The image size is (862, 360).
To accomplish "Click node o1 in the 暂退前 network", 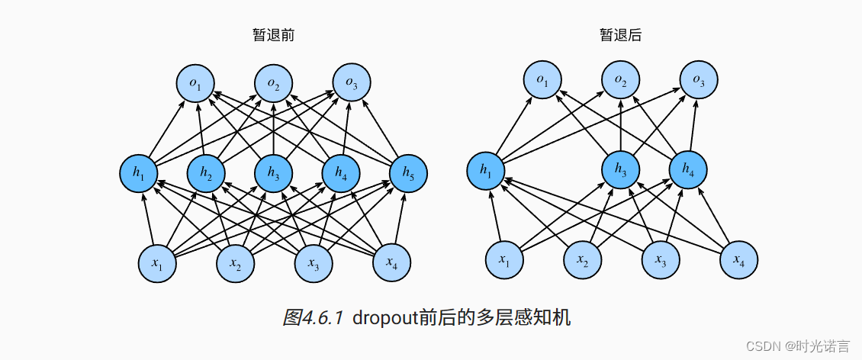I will pos(195,82).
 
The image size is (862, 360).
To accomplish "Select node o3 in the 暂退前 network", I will pos(352,82).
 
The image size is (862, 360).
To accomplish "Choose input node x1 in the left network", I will pos(157,263).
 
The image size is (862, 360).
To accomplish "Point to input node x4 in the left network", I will pos(391,263).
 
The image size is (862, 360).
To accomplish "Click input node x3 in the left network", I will pos(314,263).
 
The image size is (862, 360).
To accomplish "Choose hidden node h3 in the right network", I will pos(620,169).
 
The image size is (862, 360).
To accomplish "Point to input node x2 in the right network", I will pos(582,260).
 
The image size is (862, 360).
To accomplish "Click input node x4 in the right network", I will pos(738,260).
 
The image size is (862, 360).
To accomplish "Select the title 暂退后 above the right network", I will pos(620,34).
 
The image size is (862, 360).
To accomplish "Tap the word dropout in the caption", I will pos(384,317).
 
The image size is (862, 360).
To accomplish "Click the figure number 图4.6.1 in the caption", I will pos(313,317).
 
